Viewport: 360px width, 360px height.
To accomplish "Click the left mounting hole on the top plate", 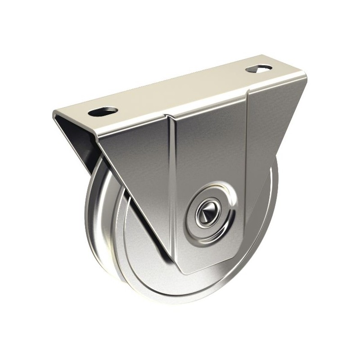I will [x=103, y=111].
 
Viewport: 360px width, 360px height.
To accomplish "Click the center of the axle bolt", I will [x=209, y=210].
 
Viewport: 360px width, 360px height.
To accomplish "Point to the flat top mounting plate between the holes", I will [x=180, y=90].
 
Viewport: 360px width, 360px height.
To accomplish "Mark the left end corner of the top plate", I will [x=55, y=112].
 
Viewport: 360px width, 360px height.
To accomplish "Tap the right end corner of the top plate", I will [x=306, y=76].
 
